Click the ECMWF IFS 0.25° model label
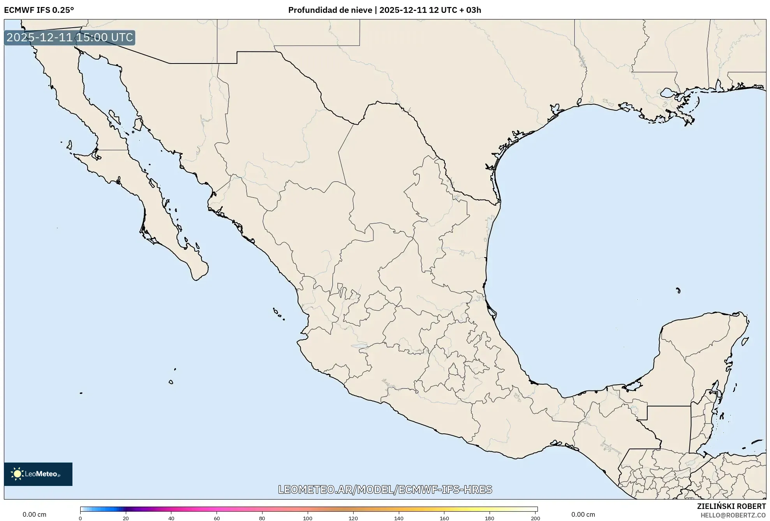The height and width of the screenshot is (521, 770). pos(39,10)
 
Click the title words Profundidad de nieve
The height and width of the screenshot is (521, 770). pos(330,10)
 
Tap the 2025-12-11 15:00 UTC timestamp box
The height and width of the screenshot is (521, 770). pos(70,37)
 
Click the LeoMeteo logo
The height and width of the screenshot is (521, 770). pos(38,474)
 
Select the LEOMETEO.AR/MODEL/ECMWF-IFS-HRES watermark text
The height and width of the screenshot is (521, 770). pos(385,489)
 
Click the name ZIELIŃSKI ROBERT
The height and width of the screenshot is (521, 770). pos(731,506)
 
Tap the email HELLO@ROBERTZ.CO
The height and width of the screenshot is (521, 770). pos(733,515)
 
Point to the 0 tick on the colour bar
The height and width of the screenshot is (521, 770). pos(80,518)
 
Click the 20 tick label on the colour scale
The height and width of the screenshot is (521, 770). pos(125,518)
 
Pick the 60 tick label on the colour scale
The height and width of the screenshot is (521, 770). pos(217,518)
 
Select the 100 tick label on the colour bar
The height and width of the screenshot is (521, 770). pos(308,518)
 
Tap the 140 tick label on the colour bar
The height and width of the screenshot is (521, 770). pos(399,518)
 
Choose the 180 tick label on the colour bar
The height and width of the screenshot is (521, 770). pos(490,518)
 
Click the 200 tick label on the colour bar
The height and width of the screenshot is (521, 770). pos(536,518)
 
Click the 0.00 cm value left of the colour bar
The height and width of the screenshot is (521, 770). pos(34,514)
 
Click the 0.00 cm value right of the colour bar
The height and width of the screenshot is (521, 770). pos(583,514)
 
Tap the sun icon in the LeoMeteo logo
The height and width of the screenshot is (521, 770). pos(17,474)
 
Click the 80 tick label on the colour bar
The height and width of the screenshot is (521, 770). pos(262,518)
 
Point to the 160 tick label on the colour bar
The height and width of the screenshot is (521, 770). pos(444,518)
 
